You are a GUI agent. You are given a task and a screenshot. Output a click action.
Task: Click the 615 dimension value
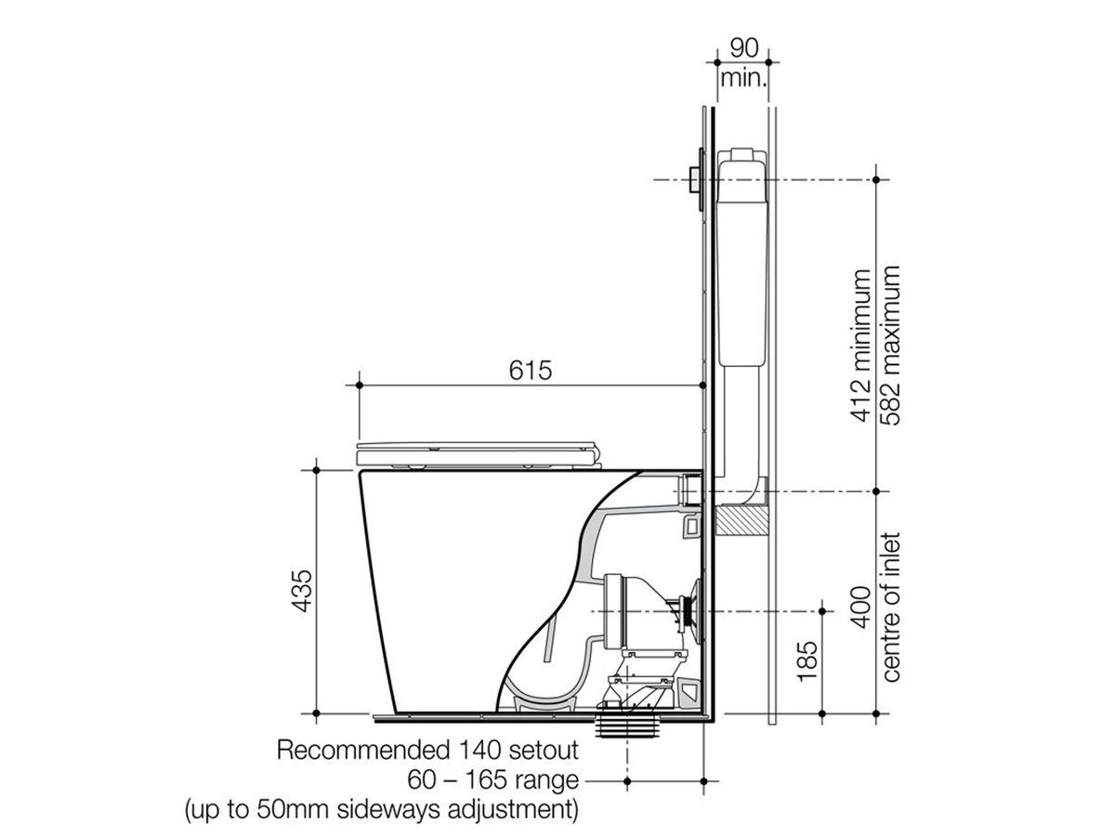[530, 370]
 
